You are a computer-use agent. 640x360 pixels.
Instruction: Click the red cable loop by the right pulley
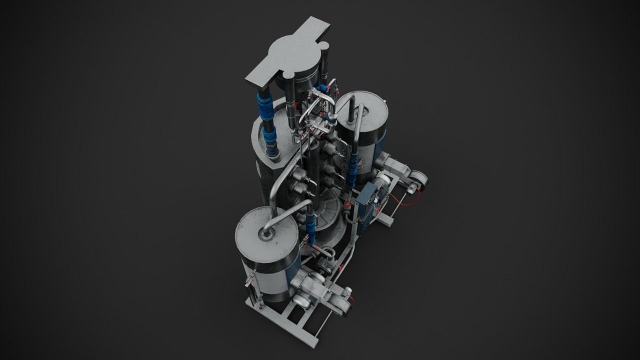tap(402, 200)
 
